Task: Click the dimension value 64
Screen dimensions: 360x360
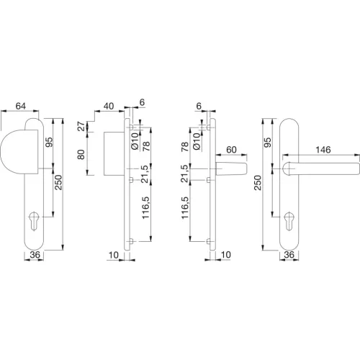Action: pos(21,106)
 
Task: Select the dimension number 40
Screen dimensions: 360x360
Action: pos(109,106)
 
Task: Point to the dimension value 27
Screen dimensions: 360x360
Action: pos(81,126)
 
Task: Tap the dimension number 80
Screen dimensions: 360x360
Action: pos(81,155)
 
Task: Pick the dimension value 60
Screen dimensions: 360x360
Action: pos(231,150)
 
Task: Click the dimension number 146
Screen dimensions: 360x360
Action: pos(323,150)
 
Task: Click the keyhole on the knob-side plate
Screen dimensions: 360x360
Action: pos(34,220)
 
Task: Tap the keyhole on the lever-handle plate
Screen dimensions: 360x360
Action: pos(289,220)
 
